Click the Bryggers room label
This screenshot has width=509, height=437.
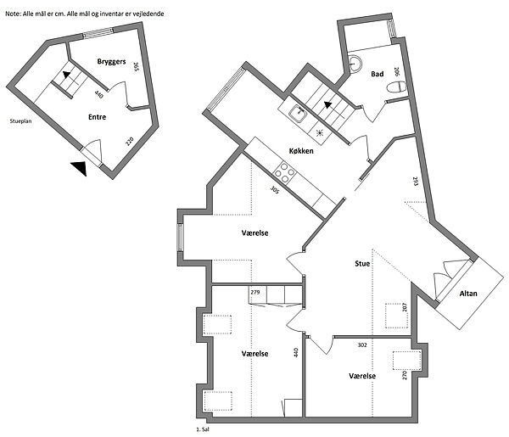coord(111,62)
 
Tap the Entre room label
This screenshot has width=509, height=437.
coord(97,117)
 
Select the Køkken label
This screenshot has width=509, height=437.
coord(301,151)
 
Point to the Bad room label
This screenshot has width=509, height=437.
coord(378,74)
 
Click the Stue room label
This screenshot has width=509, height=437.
coord(362,263)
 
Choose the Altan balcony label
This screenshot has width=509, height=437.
coord(468,294)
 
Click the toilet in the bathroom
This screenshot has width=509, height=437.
coord(397,87)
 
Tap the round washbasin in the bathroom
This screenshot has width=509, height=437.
coord(354,63)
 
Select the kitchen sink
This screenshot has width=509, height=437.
coord(298,115)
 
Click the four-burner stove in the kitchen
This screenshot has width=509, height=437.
coord(285,172)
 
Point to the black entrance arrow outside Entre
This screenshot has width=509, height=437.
coord(80,168)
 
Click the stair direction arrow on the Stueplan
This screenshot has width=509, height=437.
coord(66,75)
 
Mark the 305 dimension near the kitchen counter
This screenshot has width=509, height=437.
coord(275,189)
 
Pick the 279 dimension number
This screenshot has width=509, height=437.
coord(255,292)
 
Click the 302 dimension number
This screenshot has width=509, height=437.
coord(362,345)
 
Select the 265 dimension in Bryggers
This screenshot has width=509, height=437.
coord(136,67)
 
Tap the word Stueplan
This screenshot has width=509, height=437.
coord(20,121)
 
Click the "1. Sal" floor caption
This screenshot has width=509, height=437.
coord(203,429)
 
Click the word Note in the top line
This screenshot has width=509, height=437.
coord(14,14)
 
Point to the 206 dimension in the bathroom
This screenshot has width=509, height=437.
coord(396,72)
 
